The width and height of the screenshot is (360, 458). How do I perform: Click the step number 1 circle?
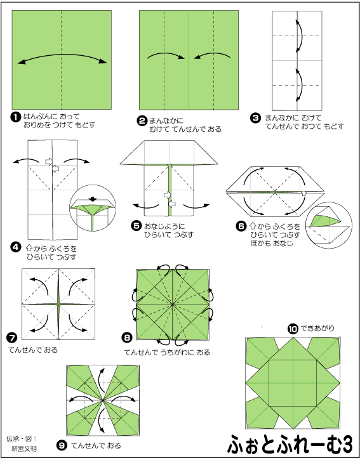(x=15, y=118)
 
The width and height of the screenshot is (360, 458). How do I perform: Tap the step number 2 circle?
(x=142, y=121)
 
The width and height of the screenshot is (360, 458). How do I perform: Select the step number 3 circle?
(x=255, y=118)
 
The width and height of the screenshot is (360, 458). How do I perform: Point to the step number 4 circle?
(x=15, y=247)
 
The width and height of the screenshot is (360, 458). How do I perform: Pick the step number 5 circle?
(x=137, y=226)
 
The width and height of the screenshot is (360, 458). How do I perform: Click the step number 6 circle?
(x=241, y=226)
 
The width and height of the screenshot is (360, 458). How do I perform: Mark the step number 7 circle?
(x=11, y=337)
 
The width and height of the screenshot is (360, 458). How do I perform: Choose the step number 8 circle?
(x=126, y=338)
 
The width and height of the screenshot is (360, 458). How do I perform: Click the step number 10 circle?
(x=292, y=329)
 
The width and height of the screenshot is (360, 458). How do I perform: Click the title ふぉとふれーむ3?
(x=291, y=444)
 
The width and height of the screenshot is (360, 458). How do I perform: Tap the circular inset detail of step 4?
(x=93, y=207)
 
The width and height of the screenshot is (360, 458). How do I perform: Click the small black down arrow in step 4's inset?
(x=93, y=199)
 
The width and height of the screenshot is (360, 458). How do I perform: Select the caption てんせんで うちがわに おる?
(x=167, y=353)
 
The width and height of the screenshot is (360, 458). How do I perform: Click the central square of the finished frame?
(x=293, y=383)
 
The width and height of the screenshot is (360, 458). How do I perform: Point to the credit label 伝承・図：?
(x=21, y=439)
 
